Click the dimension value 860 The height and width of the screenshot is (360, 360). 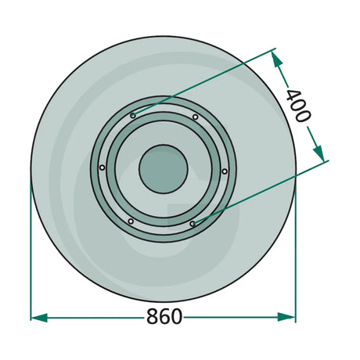click(164, 316)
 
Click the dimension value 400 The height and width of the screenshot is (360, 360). click(299, 106)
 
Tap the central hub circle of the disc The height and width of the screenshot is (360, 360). click(164, 169)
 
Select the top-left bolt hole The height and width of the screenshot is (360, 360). click(133, 115)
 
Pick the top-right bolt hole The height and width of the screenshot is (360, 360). click(195, 117)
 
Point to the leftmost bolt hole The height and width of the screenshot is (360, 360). click(103, 167)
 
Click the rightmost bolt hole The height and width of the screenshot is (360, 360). click(225, 171)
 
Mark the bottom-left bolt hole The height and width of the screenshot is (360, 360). click(131, 221)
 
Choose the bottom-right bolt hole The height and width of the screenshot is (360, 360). click(193, 224)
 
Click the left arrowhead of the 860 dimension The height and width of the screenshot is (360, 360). click(39, 318)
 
